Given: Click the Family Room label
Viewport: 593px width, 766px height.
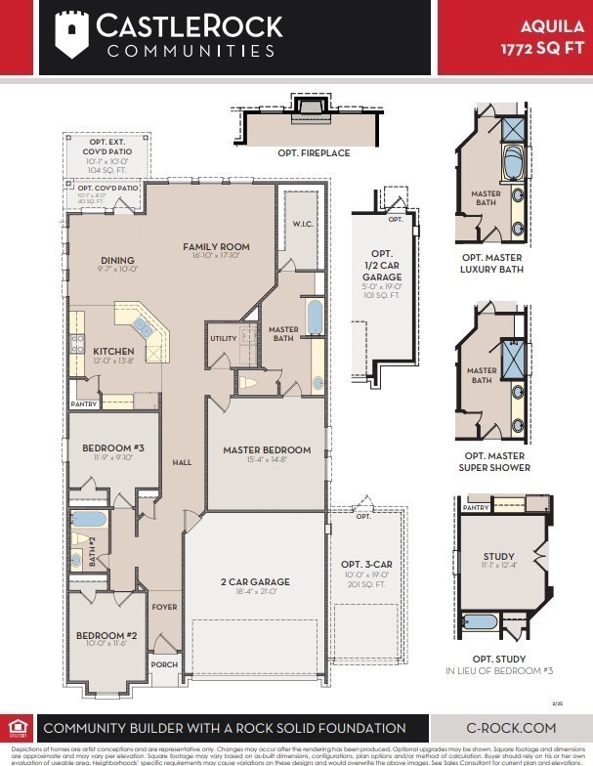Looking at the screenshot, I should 216,247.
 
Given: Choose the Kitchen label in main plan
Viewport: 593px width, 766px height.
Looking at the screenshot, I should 113,351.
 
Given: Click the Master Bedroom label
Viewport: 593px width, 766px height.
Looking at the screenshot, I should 267,450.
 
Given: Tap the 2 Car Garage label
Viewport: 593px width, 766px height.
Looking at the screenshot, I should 255,582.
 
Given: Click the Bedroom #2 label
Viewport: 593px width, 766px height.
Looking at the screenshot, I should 102,636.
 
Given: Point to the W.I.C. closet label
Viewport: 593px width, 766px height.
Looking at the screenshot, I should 302,224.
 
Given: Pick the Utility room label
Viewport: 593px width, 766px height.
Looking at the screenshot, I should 223,339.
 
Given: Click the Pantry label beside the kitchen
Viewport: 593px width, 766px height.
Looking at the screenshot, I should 84,404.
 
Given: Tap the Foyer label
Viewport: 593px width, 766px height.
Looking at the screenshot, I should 164,607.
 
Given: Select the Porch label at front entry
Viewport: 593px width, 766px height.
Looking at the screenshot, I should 164,664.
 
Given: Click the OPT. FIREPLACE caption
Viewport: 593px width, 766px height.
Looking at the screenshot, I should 314,153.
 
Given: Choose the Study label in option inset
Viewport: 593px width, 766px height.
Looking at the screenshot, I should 497,557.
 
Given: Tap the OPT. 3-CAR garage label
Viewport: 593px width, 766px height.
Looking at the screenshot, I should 366,565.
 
